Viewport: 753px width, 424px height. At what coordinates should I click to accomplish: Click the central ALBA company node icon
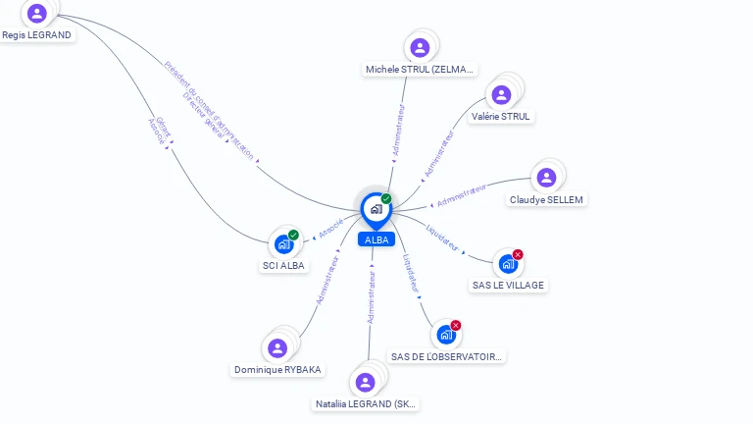point(376,208)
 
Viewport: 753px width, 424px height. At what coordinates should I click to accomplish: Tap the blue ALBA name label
point(376,239)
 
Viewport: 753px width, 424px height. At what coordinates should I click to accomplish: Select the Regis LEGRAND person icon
point(37,13)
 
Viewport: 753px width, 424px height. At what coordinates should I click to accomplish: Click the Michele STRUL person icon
point(420,47)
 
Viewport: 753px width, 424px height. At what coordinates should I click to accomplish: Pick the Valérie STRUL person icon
point(501,94)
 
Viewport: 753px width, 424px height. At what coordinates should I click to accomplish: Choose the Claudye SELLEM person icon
point(546,178)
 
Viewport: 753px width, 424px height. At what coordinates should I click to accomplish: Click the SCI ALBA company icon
point(283,243)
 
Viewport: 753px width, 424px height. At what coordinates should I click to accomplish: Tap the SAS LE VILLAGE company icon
point(507,263)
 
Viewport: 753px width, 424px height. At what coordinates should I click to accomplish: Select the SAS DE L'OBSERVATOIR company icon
point(446,335)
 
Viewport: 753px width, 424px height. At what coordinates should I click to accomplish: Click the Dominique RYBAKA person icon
point(277,347)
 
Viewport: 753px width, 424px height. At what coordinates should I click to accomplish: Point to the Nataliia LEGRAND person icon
point(366,382)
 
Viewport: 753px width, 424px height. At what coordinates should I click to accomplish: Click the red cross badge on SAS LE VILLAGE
point(518,254)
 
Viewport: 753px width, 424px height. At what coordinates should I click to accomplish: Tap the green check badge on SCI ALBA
point(293,235)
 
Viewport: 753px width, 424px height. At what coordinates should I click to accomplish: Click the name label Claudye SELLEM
point(546,200)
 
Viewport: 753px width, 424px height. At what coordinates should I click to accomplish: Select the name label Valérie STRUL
point(500,116)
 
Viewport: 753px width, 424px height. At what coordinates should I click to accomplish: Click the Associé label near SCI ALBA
point(330,226)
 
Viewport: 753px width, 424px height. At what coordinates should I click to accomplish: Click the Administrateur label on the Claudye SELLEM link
point(461,194)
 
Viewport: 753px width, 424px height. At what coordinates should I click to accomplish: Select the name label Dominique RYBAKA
point(277,370)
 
